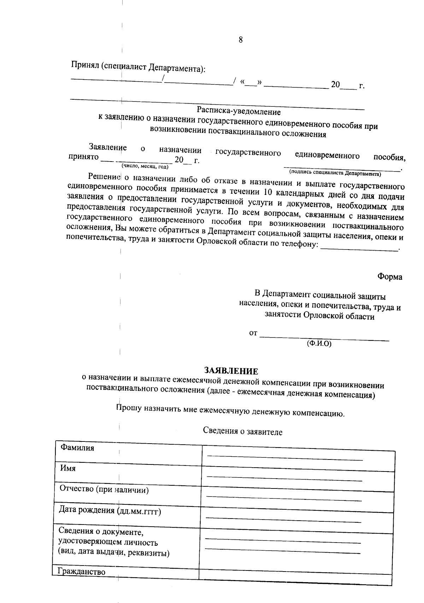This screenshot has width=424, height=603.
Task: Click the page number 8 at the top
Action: click(x=241, y=40)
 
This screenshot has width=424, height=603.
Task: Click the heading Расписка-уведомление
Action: click(x=239, y=112)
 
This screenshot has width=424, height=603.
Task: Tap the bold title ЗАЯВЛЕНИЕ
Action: click(x=231, y=371)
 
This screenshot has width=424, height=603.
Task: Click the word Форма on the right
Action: click(x=390, y=277)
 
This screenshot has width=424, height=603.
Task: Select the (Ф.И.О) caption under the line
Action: click(x=319, y=343)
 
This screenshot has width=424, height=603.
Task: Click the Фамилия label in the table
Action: click(x=77, y=448)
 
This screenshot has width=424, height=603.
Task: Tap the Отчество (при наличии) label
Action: click(x=104, y=490)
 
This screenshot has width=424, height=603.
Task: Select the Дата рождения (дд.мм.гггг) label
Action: click(x=110, y=511)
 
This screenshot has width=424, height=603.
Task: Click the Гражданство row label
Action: click(x=82, y=572)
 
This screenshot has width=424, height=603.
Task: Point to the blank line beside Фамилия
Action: click(x=285, y=459)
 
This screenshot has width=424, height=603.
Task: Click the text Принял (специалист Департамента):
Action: click(x=138, y=67)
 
